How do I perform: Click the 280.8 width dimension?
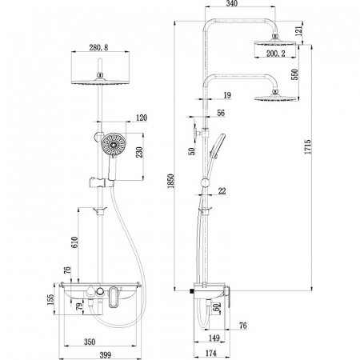tap(99, 46)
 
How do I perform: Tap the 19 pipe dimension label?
tap(227, 95)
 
